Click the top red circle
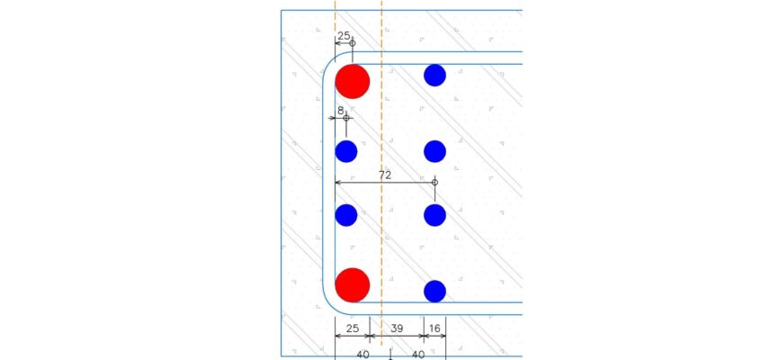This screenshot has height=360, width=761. click(x=353, y=82)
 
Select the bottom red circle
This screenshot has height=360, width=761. click(x=353, y=285)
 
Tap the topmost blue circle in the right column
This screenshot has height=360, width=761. click(x=434, y=76)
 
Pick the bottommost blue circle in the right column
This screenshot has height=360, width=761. click(x=434, y=292)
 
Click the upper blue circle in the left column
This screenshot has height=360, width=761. click(x=346, y=151)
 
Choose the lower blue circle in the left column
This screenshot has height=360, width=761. click(x=346, y=215)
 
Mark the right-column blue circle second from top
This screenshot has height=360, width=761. click(x=434, y=151)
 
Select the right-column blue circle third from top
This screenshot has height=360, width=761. click(x=434, y=215)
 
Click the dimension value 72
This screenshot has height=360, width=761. click(x=385, y=175)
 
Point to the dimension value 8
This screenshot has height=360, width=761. click(x=341, y=111)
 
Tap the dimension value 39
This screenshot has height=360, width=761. click(x=397, y=328)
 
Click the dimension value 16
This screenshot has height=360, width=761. click(x=434, y=328)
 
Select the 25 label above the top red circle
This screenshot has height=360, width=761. click(x=344, y=35)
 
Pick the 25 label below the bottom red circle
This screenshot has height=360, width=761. click(x=353, y=328)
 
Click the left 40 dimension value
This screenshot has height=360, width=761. click(x=363, y=355)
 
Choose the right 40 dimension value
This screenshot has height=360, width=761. click(x=418, y=355)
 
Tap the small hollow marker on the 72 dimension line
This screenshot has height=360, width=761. click(x=434, y=182)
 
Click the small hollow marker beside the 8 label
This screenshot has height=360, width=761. click(x=346, y=118)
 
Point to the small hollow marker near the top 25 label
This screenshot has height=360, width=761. click(x=353, y=43)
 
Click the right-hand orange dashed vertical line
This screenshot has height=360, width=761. click(x=381, y=180)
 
